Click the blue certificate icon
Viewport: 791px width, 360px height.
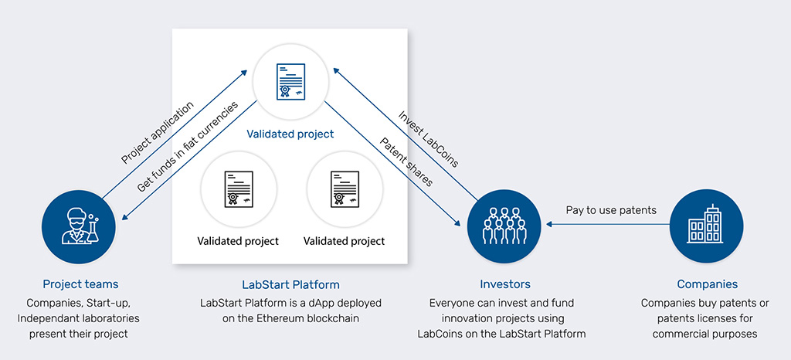click(290, 80)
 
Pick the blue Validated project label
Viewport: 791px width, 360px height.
click(290, 134)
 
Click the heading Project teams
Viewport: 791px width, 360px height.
click(80, 284)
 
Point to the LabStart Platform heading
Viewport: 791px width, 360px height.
click(290, 284)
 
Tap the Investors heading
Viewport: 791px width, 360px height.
click(505, 284)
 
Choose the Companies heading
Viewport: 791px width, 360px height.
click(708, 284)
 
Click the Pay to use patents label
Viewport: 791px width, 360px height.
click(611, 210)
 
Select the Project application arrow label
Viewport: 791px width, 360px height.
click(158, 133)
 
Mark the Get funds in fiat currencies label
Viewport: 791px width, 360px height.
click(187, 148)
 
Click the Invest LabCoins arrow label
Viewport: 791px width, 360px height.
click(428, 138)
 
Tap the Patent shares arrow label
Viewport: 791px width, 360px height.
click(406, 161)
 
